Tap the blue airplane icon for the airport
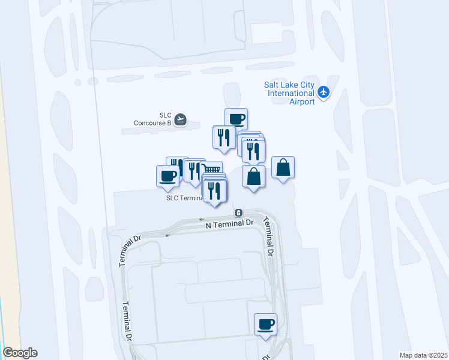(324, 92)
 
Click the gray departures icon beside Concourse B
(180, 119)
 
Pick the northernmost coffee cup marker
(237, 119)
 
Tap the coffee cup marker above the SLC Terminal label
(167, 176)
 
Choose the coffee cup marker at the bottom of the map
(265, 324)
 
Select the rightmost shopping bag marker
(283, 167)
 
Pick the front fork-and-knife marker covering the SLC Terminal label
(215, 191)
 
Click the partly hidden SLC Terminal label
(184, 197)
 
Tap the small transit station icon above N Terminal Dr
(238, 212)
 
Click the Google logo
(20, 353)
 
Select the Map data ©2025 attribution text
(423, 355)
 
